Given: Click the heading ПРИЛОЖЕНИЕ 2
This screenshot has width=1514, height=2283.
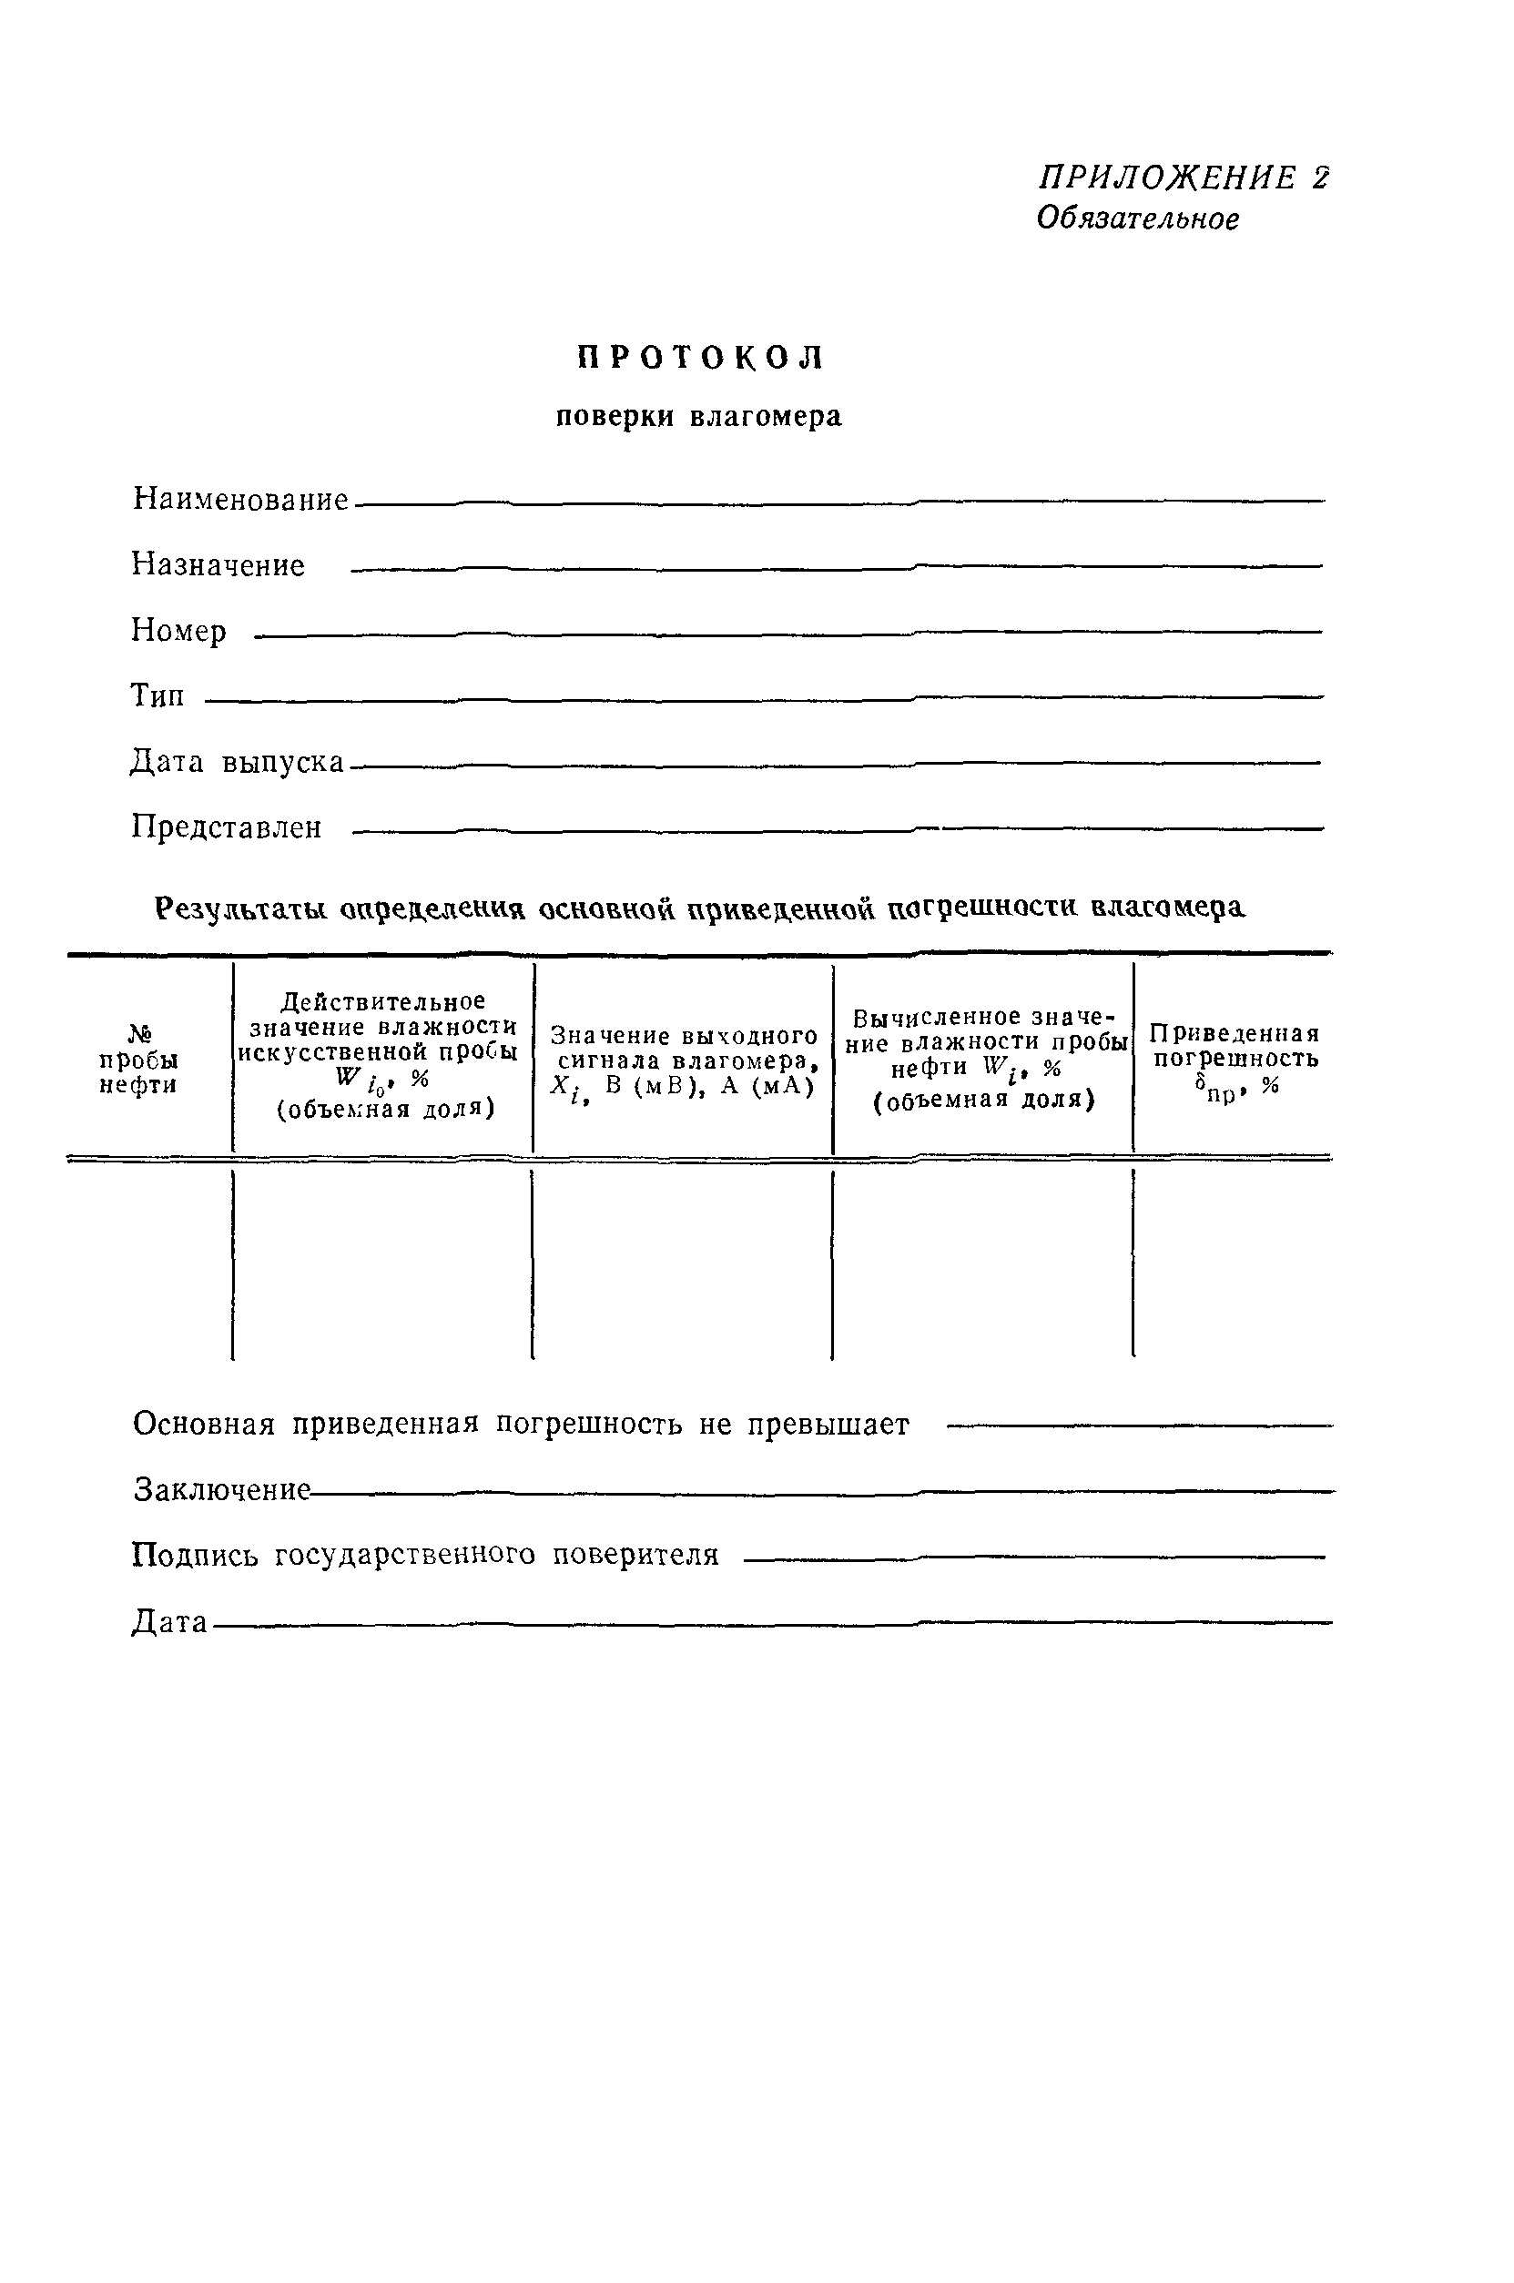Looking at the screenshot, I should click(x=1183, y=178).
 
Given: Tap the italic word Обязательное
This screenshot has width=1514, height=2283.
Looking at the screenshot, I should click(x=1137, y=219).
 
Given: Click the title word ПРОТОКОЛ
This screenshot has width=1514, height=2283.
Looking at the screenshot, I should click(x=700, y=358).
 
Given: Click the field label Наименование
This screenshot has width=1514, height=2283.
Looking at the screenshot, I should click(x=240, y=499).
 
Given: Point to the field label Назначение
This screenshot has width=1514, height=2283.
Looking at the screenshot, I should click(x=218, y=564).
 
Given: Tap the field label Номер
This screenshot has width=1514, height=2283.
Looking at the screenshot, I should click(x=178, y=630).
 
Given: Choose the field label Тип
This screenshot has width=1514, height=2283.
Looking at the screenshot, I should click(x=157, y=696).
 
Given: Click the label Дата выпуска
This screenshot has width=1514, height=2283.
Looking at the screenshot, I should click(x=238, y=762).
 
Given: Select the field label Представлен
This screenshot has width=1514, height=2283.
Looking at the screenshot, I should click(x=227, y=827).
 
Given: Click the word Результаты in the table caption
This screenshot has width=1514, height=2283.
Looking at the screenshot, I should click(x=243, y=908).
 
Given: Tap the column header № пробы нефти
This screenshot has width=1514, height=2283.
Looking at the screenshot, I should click(x=138, y=1059).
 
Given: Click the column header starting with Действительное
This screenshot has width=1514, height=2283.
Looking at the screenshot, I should click(x=382, y=1055).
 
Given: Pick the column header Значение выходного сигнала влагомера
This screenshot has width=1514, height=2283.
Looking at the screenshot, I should click(x=684, y=1060).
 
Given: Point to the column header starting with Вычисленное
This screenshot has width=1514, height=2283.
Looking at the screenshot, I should click(x=983, y=1058).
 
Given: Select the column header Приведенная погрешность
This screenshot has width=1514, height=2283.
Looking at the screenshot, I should click(x=1233, y=1058).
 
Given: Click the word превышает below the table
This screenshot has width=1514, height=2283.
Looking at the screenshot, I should click(x=828, y=1425).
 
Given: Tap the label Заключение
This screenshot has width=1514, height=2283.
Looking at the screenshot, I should click(x=222, y=1489).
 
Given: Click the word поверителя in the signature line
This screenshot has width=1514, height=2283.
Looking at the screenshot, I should click(x=635, y=1554).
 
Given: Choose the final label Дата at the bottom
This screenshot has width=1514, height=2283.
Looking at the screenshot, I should click(x=170, y=1622).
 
